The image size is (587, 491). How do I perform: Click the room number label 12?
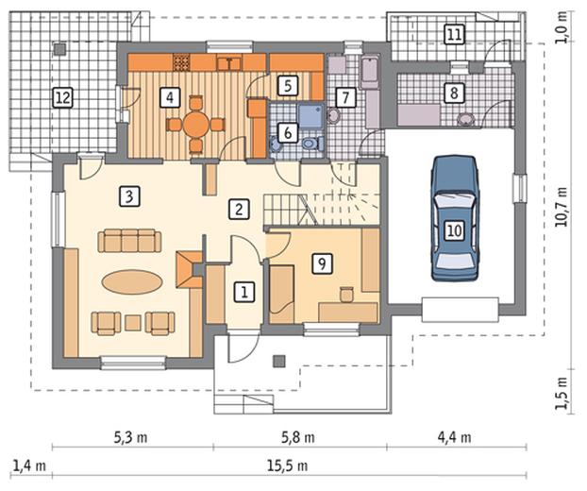point(62,98)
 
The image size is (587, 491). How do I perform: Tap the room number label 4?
point(170,98)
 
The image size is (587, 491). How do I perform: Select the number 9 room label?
point(322,263)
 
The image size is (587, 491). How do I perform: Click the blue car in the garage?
point(455,218)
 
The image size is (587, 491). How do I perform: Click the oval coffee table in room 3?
point(132,282)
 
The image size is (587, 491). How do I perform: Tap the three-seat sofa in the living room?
point(129,241)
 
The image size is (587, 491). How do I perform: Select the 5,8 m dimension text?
point(297,437)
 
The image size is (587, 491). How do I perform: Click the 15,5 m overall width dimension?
point(288,466)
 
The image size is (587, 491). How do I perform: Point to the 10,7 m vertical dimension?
point(561,207)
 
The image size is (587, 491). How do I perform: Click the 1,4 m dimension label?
point(29,466)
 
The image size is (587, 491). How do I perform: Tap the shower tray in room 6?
point(310,116)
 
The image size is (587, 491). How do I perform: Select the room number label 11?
point(454,35)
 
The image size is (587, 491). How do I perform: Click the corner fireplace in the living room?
point(190,269)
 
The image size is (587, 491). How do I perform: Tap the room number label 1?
point(244,292)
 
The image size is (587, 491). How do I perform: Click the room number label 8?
point(454,93)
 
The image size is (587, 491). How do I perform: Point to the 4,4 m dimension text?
point(455,437)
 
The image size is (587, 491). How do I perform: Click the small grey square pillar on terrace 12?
point(59,49)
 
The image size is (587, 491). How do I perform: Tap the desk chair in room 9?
point(346,294)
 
